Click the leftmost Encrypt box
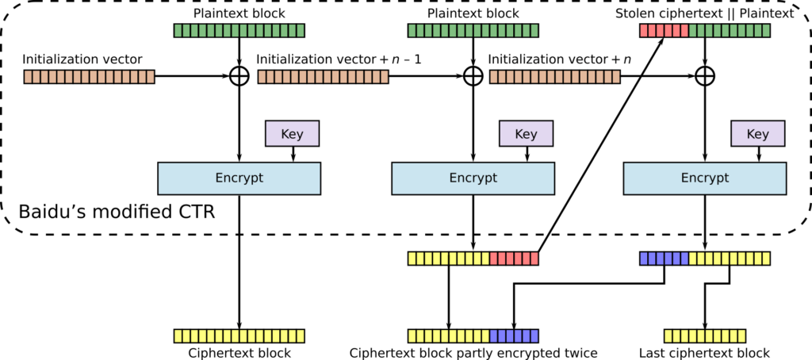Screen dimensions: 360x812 [x=239, y=178]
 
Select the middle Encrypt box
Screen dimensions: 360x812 [x=473, y=178]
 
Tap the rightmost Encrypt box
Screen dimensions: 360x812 [x=705, y=178]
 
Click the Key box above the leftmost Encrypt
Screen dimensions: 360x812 [x=293, y=134]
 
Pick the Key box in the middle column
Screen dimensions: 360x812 [x=525, y=134]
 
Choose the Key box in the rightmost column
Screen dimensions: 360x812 [x=757, y=134]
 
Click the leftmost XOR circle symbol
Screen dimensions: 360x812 [x=239, y=77]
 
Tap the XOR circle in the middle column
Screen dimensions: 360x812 [x=473, y=77]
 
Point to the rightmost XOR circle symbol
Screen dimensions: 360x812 [x=705, y=77]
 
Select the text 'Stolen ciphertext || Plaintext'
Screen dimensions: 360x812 [x=704, y=13]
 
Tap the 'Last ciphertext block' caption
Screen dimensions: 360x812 [x=704, y=353]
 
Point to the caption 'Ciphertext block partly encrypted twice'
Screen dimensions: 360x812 [x=473, y=353]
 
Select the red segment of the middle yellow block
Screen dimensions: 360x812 [x=514, y=259]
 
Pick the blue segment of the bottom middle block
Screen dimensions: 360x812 [x=514, y=335]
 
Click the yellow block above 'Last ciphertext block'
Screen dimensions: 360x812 [x=704, y=335]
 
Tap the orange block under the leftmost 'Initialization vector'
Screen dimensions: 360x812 [x=89, y=77]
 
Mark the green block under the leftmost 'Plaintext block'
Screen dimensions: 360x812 [x=239, y=31]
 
